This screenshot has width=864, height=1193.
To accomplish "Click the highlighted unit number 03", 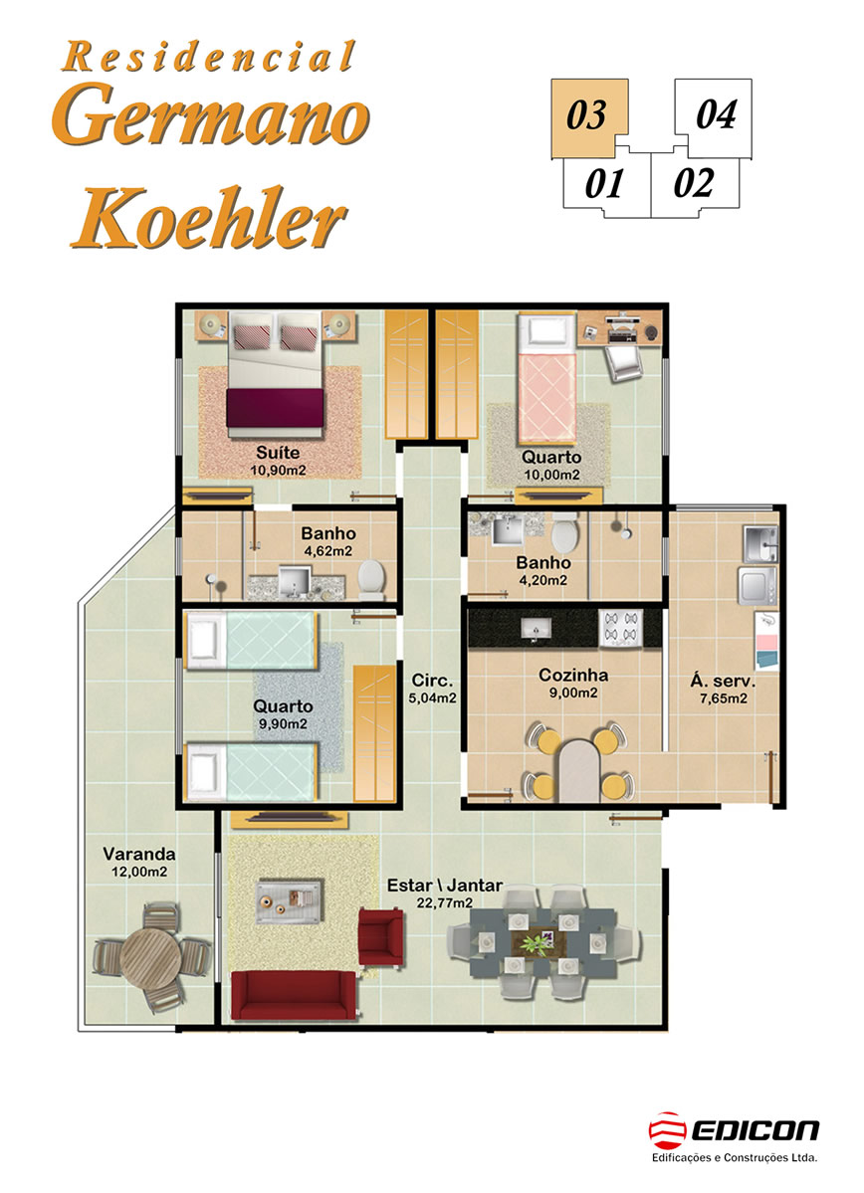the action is click(586, 114).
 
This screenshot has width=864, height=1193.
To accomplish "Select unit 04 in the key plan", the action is click(716, 114).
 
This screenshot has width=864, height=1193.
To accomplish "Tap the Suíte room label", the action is click(278, 453).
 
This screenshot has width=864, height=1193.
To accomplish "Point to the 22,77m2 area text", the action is click(445, 903).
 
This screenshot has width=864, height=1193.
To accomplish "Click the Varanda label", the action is click(139, 854).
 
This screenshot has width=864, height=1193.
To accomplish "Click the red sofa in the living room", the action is click(294, 995).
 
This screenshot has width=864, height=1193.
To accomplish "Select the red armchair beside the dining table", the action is click(380, 937).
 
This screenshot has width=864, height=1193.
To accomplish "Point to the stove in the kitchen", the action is click(620, 629).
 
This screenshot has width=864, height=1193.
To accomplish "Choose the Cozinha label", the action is click(573, 675).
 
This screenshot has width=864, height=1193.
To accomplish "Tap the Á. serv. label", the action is click(723, 681).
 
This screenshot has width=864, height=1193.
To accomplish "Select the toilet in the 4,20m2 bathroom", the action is click(565, 532).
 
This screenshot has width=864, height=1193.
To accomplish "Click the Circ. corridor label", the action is click(432, 681).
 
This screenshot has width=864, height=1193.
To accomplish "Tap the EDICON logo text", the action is click(755, 1130).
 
